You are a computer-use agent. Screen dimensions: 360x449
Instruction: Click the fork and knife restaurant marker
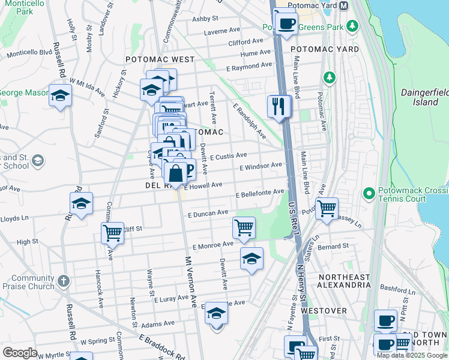[279, 107]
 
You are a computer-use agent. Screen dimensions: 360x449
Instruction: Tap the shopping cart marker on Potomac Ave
[327, 209]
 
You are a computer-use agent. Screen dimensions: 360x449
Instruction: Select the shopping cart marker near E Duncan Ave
[244, 228]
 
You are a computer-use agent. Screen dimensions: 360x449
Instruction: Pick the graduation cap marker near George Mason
[60, 96]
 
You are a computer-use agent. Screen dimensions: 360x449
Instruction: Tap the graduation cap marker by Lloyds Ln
[81, 204]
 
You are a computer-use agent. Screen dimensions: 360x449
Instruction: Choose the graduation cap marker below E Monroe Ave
[252, 259]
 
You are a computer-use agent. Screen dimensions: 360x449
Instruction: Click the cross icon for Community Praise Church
[64, 280]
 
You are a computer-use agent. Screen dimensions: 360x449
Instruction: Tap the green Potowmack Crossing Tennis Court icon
[368, 193]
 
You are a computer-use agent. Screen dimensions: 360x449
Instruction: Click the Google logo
[20, 353]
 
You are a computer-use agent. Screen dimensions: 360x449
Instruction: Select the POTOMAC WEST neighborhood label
[160, 59]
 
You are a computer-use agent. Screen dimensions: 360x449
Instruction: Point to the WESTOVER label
[324, 311]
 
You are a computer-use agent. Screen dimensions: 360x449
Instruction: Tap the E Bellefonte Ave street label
[260, 194]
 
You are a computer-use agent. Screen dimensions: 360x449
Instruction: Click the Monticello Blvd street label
[29, 53]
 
